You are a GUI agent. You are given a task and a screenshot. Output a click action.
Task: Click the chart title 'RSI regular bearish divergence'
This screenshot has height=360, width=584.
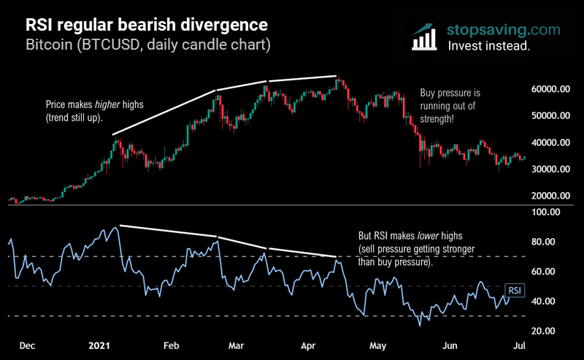point(146,23)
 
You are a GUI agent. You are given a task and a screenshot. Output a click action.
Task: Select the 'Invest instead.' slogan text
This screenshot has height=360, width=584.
point(489,45)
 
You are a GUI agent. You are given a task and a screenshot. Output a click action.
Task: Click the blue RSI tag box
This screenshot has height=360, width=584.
point(515,291)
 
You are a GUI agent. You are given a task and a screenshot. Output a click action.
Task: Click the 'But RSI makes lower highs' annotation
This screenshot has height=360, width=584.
point(417,249)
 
